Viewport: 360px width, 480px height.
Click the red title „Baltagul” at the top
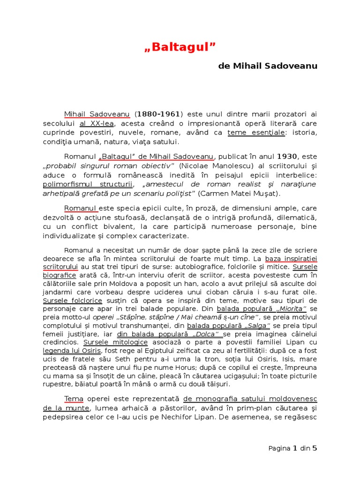pyautogui.click(x=180, y=47)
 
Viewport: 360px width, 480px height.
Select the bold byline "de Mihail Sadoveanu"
pyautogui.click(x=268, y=66)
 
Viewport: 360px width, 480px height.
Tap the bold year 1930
pyautogui.click(x=287, y=157)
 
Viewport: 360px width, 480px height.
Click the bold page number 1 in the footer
pyautogui.click(x=295, y=449)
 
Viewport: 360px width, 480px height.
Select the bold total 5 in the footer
pyautogui.click(x=315, y=449)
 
